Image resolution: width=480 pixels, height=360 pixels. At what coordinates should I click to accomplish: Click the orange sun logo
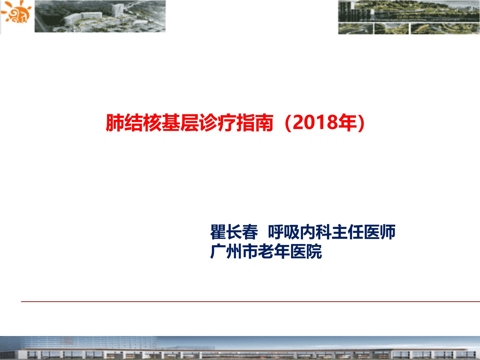tap(16, 12)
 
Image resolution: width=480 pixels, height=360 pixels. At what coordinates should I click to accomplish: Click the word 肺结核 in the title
tap(134, 123)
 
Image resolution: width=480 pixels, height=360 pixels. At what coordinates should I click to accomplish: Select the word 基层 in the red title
tap(180, 123)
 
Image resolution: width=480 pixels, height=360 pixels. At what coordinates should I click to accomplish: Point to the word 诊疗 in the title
tap(217, 123)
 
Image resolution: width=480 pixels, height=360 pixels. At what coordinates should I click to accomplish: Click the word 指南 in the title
tap(255, 123)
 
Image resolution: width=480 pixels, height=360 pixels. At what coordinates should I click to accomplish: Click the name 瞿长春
tap(234, 232)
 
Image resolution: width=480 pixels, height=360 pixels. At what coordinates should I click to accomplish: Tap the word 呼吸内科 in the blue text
tap(300, 232)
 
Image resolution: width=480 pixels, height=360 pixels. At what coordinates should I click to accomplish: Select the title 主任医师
tap(363, 232)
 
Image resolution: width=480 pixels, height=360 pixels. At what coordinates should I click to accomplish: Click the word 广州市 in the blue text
tap(234, 251)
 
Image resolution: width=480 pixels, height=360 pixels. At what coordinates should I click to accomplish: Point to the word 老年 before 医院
tap(274, 251)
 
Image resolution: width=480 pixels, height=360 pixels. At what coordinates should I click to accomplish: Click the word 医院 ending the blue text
tap(306, 251)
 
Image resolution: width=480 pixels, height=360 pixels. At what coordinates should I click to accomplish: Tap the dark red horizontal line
tap(250, 302)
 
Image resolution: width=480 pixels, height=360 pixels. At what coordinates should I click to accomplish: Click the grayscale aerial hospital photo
tap(100, 16)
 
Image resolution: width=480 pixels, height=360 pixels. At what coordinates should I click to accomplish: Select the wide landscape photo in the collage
tap(409, 11)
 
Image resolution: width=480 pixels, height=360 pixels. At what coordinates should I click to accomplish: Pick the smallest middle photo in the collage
tap(391, 29)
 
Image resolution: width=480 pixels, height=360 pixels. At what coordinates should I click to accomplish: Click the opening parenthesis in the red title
tap(288, 123)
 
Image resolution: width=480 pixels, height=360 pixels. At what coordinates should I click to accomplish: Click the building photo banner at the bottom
tap(240, 348)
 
